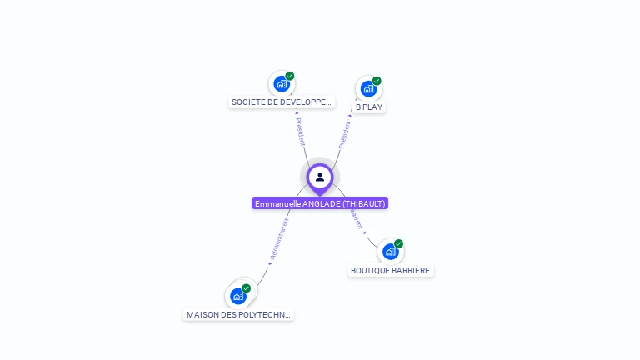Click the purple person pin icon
click(x=320, y=177)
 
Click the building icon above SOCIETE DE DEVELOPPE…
click(x=282, y=83)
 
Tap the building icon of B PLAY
click(x=368, y=88)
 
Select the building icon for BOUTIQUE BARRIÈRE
click(x=390, y=251)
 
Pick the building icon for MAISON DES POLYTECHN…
click(x=238, y=295)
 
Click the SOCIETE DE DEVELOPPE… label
click(x=282, y=102)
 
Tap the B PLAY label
click(x=369, y=107)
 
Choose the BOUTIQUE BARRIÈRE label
click(x=390, y=270)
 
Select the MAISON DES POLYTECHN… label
click(x=238, y=315)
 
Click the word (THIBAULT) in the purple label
click(x=364, y=203)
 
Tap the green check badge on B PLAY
click(x=377, y=81)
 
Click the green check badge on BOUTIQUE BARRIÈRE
click(x=398, y=243)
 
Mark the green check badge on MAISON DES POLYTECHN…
click(x=247, y=287)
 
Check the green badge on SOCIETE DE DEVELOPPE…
click(x=290, y=76)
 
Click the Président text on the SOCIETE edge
click(x=300, y=132)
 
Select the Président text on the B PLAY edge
click(x=344, y=135)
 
